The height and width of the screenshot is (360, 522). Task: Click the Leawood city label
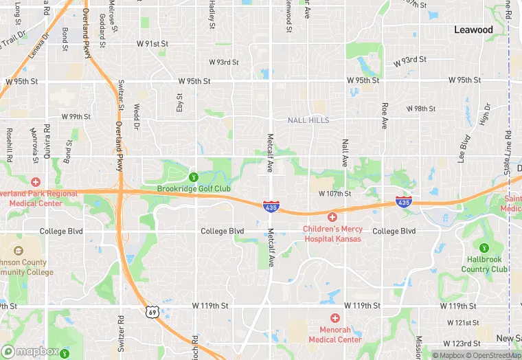[473, 30]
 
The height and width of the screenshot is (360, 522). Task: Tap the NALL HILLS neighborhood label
[308, 120]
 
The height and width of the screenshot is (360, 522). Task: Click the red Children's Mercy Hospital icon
[332, 217]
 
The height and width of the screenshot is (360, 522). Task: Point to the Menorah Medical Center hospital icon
[334, 318]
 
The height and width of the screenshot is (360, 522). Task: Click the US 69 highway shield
[152, 312]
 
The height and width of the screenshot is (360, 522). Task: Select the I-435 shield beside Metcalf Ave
[271, 205]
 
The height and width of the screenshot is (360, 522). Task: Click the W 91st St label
[152, 43]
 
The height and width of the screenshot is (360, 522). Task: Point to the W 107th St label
[334, 194]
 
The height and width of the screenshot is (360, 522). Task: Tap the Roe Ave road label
[385, 116]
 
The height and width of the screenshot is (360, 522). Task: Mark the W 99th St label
[76, 117]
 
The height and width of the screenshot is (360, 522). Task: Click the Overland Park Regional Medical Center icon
[35, 182]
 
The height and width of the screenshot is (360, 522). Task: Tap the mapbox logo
[30, 351]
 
